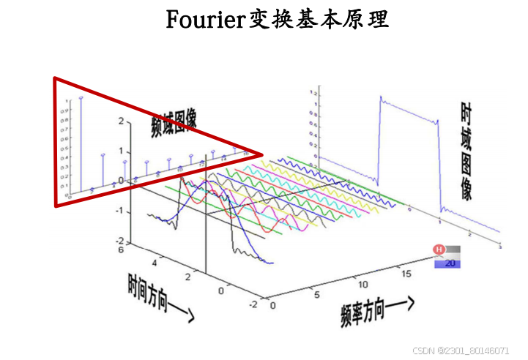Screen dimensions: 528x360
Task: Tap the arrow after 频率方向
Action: click(x=406, y=301)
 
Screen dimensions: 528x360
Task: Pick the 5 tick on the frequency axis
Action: click(x=317, y=295)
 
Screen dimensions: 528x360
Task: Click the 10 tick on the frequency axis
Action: click(x=360, y=282)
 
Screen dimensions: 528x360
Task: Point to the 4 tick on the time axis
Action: click(x=155, y=262)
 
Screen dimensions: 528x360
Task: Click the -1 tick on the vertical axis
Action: click(x=119, y=211)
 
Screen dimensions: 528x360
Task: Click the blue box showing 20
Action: click(x=447, y=263)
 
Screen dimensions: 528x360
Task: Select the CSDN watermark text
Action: click(x=460, y=350)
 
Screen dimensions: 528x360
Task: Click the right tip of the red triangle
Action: click(x=261, y=155)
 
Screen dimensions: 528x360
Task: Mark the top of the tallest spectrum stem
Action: click(x=81, y=97)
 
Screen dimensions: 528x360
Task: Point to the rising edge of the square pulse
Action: click(x=378, y=139)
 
